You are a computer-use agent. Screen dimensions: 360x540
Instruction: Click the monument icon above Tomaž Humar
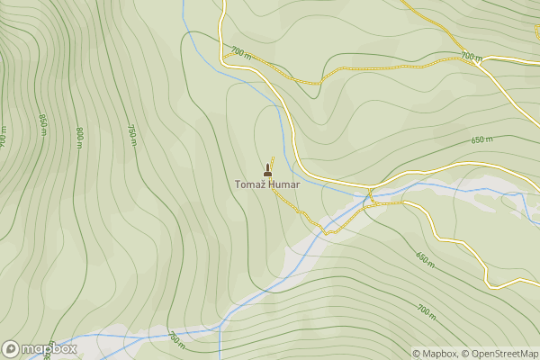pyautogui.click(x=267, y=171)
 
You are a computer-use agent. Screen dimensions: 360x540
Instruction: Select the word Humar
pyautogui.click(x=284, y=185)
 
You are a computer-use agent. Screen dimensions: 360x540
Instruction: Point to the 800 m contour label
pyautogui.click(x=79, y=137)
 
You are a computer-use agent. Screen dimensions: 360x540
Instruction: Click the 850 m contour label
pyautogui.click(x=42, y=123)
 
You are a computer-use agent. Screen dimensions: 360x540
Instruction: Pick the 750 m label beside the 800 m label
pyautogui.click(x=131, y=131)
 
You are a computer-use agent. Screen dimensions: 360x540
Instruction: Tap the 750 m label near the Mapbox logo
pyautogui.click(x=175, y=338)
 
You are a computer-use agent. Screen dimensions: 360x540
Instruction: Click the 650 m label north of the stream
pyautogui.click(x=482, y=139)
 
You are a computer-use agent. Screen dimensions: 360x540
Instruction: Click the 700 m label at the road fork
pyautogui.click(x=471, y=56)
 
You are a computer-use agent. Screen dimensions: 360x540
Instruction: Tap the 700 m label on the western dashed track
pyautogui.click(x=240, y=53)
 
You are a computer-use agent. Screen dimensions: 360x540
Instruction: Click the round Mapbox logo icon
pyautogui.click(x=11, y=348)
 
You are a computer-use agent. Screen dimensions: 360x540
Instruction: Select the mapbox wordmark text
pyautogui.click(x=49, y=348)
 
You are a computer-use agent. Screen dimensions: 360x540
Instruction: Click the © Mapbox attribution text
pyautogui.click(x=435, y=354)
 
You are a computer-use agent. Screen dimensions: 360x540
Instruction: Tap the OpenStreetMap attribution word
pyautogui.click(x=505, y=354)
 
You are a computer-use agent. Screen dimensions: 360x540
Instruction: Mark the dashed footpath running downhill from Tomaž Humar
pyautogui.click(x=306, y=215)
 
